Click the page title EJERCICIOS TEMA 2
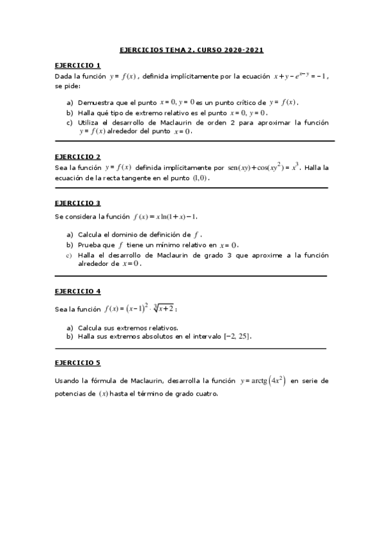coord(192,49)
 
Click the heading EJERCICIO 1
coord(77,65)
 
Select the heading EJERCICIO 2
coord(77,157)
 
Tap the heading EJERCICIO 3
coord(77,203)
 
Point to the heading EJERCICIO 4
coord(77,291)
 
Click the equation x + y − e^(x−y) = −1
coord(300,76)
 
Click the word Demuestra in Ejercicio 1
coord(95,102)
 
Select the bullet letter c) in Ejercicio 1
coord(70,122)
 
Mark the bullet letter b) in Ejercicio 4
coord(70,336)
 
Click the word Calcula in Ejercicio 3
coord(91,234)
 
